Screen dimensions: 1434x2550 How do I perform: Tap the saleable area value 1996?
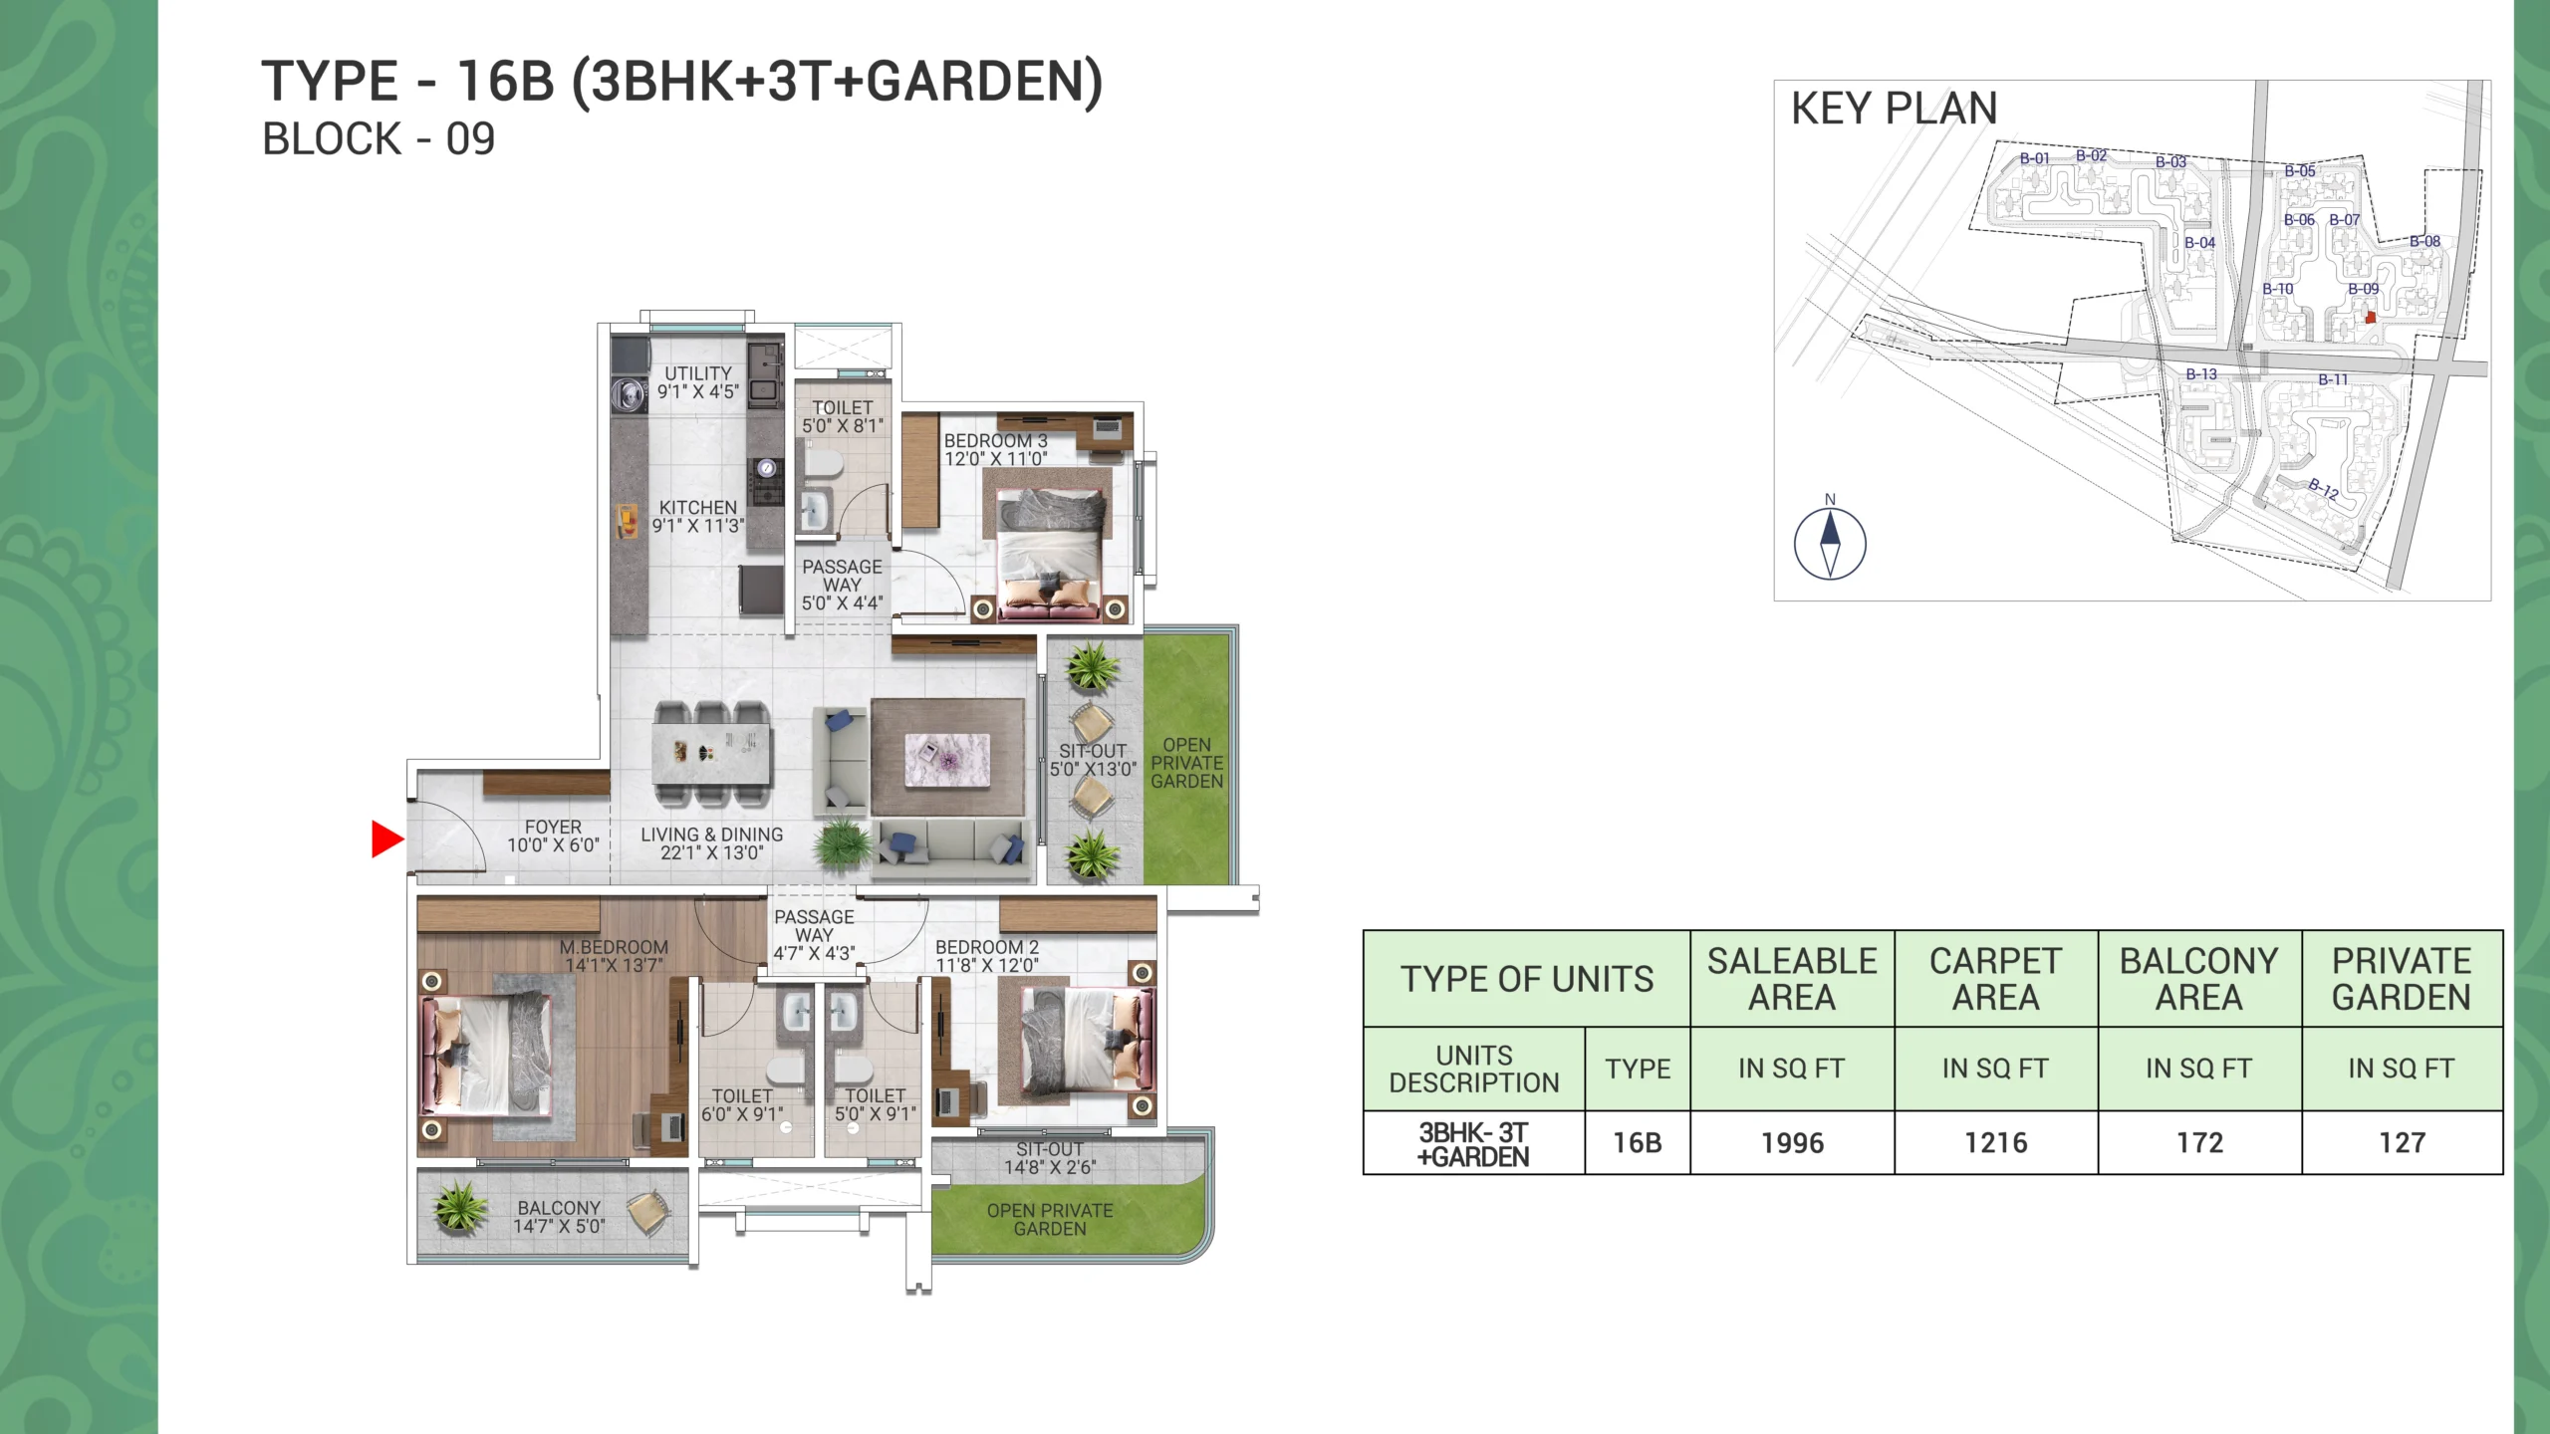click(x=1792, y=1142)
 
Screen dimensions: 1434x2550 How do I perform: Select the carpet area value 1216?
click(x=1995, y=1142)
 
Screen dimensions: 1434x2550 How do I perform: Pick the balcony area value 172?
click(x=2199, y=1142)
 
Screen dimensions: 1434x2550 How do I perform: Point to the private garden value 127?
click(x=2402, y=1142)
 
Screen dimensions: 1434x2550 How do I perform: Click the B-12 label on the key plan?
click(x=2323, y=488)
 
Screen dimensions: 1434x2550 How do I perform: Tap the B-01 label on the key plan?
click(x=2034, y=158)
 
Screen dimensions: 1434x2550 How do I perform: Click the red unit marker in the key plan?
click(x=2370, y=318)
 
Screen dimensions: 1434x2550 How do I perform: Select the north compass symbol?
click(x=1830, y=544)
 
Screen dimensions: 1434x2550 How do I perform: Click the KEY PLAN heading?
click(x=1894, y=109)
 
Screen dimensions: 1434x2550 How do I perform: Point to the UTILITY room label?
click(x=697, y=373)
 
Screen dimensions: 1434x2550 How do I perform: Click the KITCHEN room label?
click(x=697, y=508)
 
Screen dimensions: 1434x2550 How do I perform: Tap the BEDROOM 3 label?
click(x=995, y=441)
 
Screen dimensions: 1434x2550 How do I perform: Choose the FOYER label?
click(x=553, y=828)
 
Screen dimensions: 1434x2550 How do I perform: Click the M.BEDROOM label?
click(x=614, y=947)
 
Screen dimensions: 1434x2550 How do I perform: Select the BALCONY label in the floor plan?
click(x=558, y=1208)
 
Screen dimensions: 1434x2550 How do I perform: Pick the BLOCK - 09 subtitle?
click(x=379, y=139)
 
